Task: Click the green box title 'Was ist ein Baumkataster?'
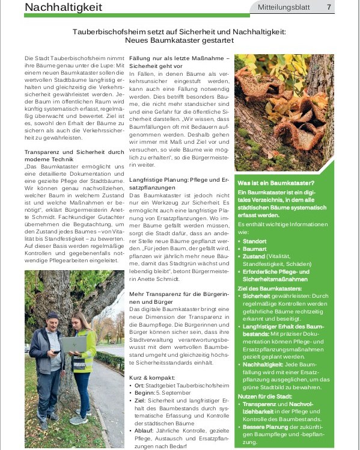(x=276, y=182)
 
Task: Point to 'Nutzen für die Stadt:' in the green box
(x=265, y=396)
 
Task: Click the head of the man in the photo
(x=52, y=318)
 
